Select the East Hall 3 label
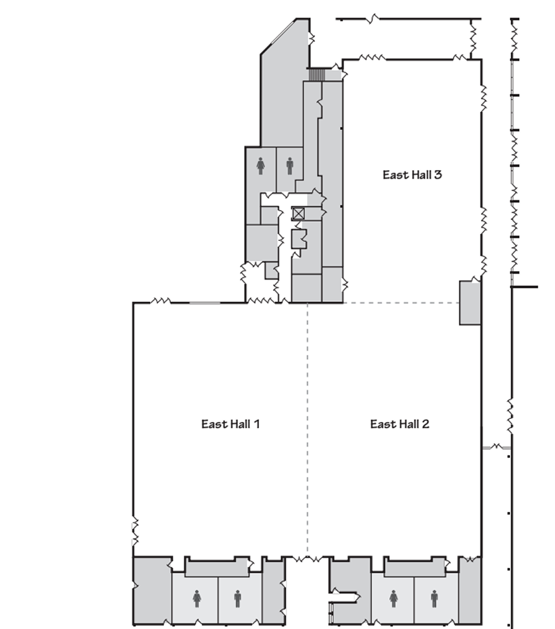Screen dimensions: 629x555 [x=412, y=174]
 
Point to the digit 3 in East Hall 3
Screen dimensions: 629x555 [x=438, y=174]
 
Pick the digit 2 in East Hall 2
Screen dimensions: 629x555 [x=425, y=424]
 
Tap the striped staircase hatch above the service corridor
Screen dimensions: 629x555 [x=316, y=75]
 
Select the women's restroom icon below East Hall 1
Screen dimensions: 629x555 [x=197, y=598]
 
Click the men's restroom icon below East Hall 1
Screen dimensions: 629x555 [x=237, y=598]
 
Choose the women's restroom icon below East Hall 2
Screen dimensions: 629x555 [x=393, y=598]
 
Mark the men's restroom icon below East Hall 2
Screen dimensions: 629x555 [x=434, y=598]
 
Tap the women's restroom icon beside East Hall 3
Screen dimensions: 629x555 [x=261, y=164]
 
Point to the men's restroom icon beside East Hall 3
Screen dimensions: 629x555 [x=289, y=164]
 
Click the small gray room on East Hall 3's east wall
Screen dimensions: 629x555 [x=469, y=302]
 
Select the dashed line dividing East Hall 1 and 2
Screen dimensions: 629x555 [x=307, y=431]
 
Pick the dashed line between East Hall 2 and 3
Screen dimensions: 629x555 [x=401, y=303]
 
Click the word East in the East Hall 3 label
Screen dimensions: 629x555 [x=393, y=174]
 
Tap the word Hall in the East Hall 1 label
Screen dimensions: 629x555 [x=239, y=424]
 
